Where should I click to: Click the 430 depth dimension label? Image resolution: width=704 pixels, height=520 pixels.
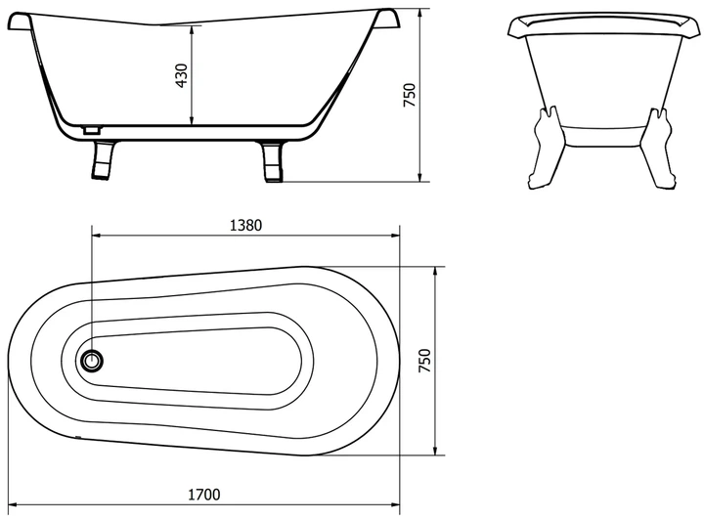point(182,75)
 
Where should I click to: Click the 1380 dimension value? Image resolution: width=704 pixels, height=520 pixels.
point(245,225)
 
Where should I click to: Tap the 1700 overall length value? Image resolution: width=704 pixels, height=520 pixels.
point(203,495)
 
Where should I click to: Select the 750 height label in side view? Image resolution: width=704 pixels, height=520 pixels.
point(410,95)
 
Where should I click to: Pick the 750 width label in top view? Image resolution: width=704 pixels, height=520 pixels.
point(424,361)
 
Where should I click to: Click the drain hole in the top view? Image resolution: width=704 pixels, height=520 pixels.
point(92,360)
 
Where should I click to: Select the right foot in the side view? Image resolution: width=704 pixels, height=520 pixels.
point(272,162)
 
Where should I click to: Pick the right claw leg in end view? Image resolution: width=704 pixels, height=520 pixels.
point(655,148)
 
